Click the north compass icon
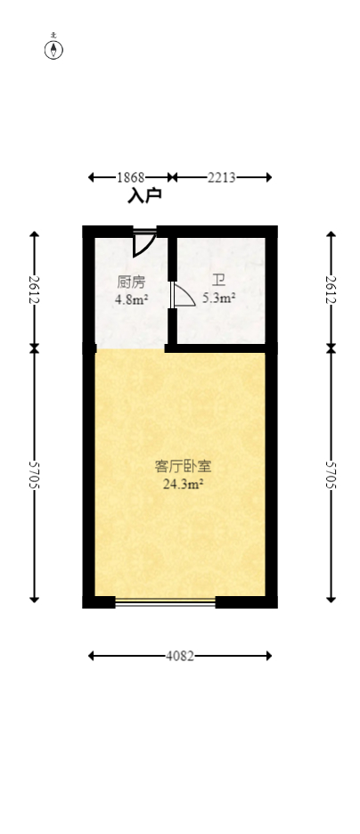54,48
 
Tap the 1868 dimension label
133,177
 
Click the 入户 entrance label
143,195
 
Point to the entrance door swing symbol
144,243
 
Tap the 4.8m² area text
131,299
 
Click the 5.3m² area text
218,298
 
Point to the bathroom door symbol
183,297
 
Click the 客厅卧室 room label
183,466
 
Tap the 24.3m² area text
183,485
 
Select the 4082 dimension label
180,656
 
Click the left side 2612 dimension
35,290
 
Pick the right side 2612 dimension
331,290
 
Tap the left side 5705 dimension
35,475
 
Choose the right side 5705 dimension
331,475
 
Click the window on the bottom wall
166,602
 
